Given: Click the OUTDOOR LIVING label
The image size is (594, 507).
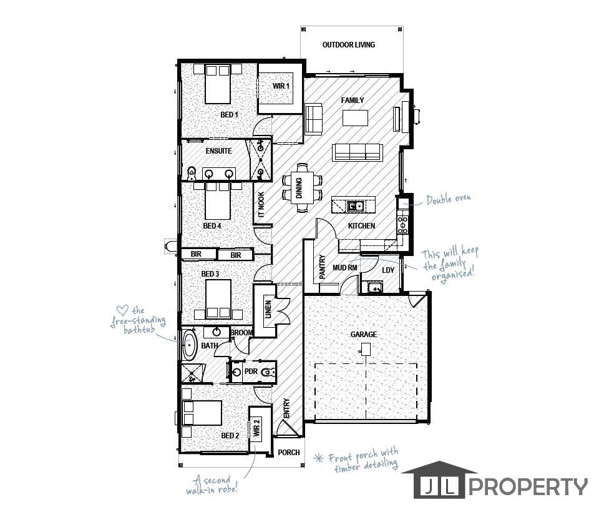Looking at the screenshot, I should [348, 44].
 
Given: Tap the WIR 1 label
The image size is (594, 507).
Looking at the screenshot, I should [281, 86].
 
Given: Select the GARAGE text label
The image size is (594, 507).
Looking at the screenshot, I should [363, 335].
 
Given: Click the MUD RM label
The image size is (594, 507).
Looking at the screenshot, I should [344, 268].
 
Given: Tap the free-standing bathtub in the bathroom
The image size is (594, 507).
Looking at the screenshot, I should [189, 345].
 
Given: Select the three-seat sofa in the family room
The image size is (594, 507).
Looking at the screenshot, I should [358, 152].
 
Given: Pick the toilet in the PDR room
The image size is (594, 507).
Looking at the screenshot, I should [267, 373].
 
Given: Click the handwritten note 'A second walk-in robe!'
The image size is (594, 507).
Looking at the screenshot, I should [219, 485].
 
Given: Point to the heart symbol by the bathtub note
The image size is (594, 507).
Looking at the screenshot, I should [123, 309].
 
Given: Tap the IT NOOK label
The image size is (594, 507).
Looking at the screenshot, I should [262, 204].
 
